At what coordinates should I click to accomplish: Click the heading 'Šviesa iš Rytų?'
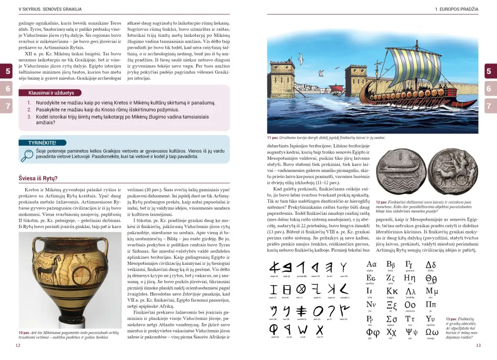(x=38, y=178)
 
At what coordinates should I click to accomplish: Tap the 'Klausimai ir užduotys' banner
(x=52, y=93)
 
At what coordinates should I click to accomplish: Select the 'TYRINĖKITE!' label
(x=42, y=143)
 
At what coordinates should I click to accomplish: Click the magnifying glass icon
(x=27, y=155)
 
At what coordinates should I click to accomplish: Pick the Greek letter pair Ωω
(x=432, y=332)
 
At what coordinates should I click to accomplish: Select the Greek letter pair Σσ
(x=392, y=319)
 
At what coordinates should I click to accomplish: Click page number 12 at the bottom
(x=18, y=345)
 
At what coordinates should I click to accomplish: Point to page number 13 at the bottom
(x=478, y=345)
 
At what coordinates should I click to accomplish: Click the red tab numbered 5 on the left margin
(x=8, y=71)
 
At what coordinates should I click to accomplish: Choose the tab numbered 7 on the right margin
(x=489, y=106)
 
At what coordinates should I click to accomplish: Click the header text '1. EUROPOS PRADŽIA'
(x=456, y=9)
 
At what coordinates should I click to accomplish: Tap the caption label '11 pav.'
(x=272, y=137)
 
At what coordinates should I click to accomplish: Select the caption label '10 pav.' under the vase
(x=24, y=332)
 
